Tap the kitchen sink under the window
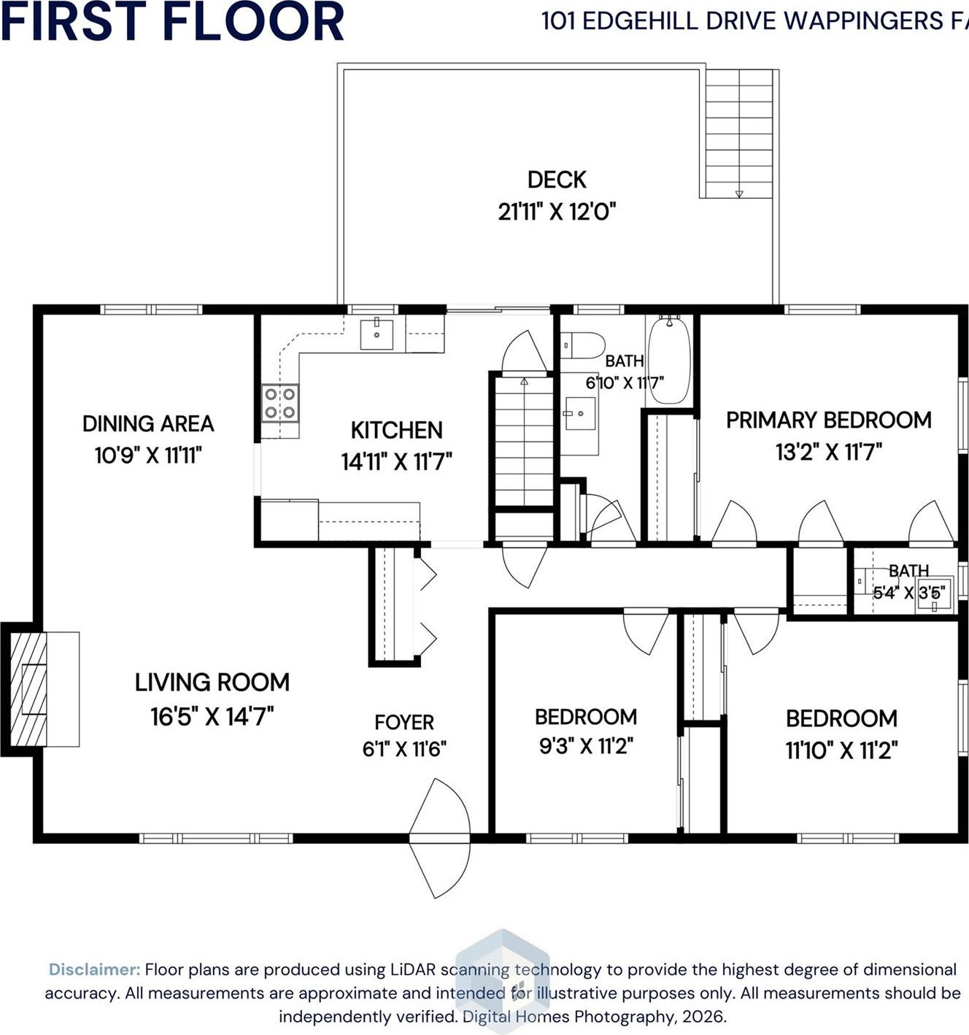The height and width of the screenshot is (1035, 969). (377, 334)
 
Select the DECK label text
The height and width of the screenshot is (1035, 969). (557, 180)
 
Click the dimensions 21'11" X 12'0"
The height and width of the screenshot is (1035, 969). (557, 212)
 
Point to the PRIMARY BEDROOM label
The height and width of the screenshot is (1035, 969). (828, 420)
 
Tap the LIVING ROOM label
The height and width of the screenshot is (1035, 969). (212, 682)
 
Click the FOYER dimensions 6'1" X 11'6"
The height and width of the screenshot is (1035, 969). (404, 749)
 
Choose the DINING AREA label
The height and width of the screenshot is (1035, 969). (148, 424)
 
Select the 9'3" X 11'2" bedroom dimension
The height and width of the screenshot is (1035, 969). (585, 747)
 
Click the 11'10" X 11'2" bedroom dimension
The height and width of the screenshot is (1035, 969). (841, 750)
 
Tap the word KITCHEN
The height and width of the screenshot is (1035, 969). (396, 431)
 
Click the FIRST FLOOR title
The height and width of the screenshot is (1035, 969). (172, 21)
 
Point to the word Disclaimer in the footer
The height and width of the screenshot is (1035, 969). (94, 970)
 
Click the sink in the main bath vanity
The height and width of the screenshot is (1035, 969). (581, 414)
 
